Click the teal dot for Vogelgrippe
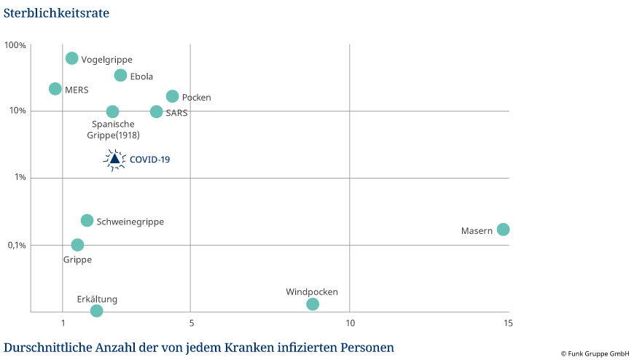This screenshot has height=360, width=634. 71,58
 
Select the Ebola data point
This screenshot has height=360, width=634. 120,75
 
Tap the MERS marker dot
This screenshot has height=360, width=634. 55,89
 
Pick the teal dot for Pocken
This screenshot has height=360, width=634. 172,96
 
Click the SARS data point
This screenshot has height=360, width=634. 156,111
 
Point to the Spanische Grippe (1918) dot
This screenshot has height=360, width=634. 112,111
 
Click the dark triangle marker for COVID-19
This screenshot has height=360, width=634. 114,159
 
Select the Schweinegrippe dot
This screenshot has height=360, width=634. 87,220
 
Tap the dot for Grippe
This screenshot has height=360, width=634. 77,245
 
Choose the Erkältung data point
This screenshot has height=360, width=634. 96,311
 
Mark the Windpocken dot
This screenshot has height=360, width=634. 313,304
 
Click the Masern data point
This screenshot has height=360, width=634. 503,230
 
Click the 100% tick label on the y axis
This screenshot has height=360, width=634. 15,45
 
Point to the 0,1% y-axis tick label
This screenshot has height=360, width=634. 16,245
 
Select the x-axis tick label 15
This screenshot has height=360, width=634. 507,324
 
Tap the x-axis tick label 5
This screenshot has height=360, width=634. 190,324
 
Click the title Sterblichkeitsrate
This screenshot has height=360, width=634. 51,12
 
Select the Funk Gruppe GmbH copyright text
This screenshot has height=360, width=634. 595,353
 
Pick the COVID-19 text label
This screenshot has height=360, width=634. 149,159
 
